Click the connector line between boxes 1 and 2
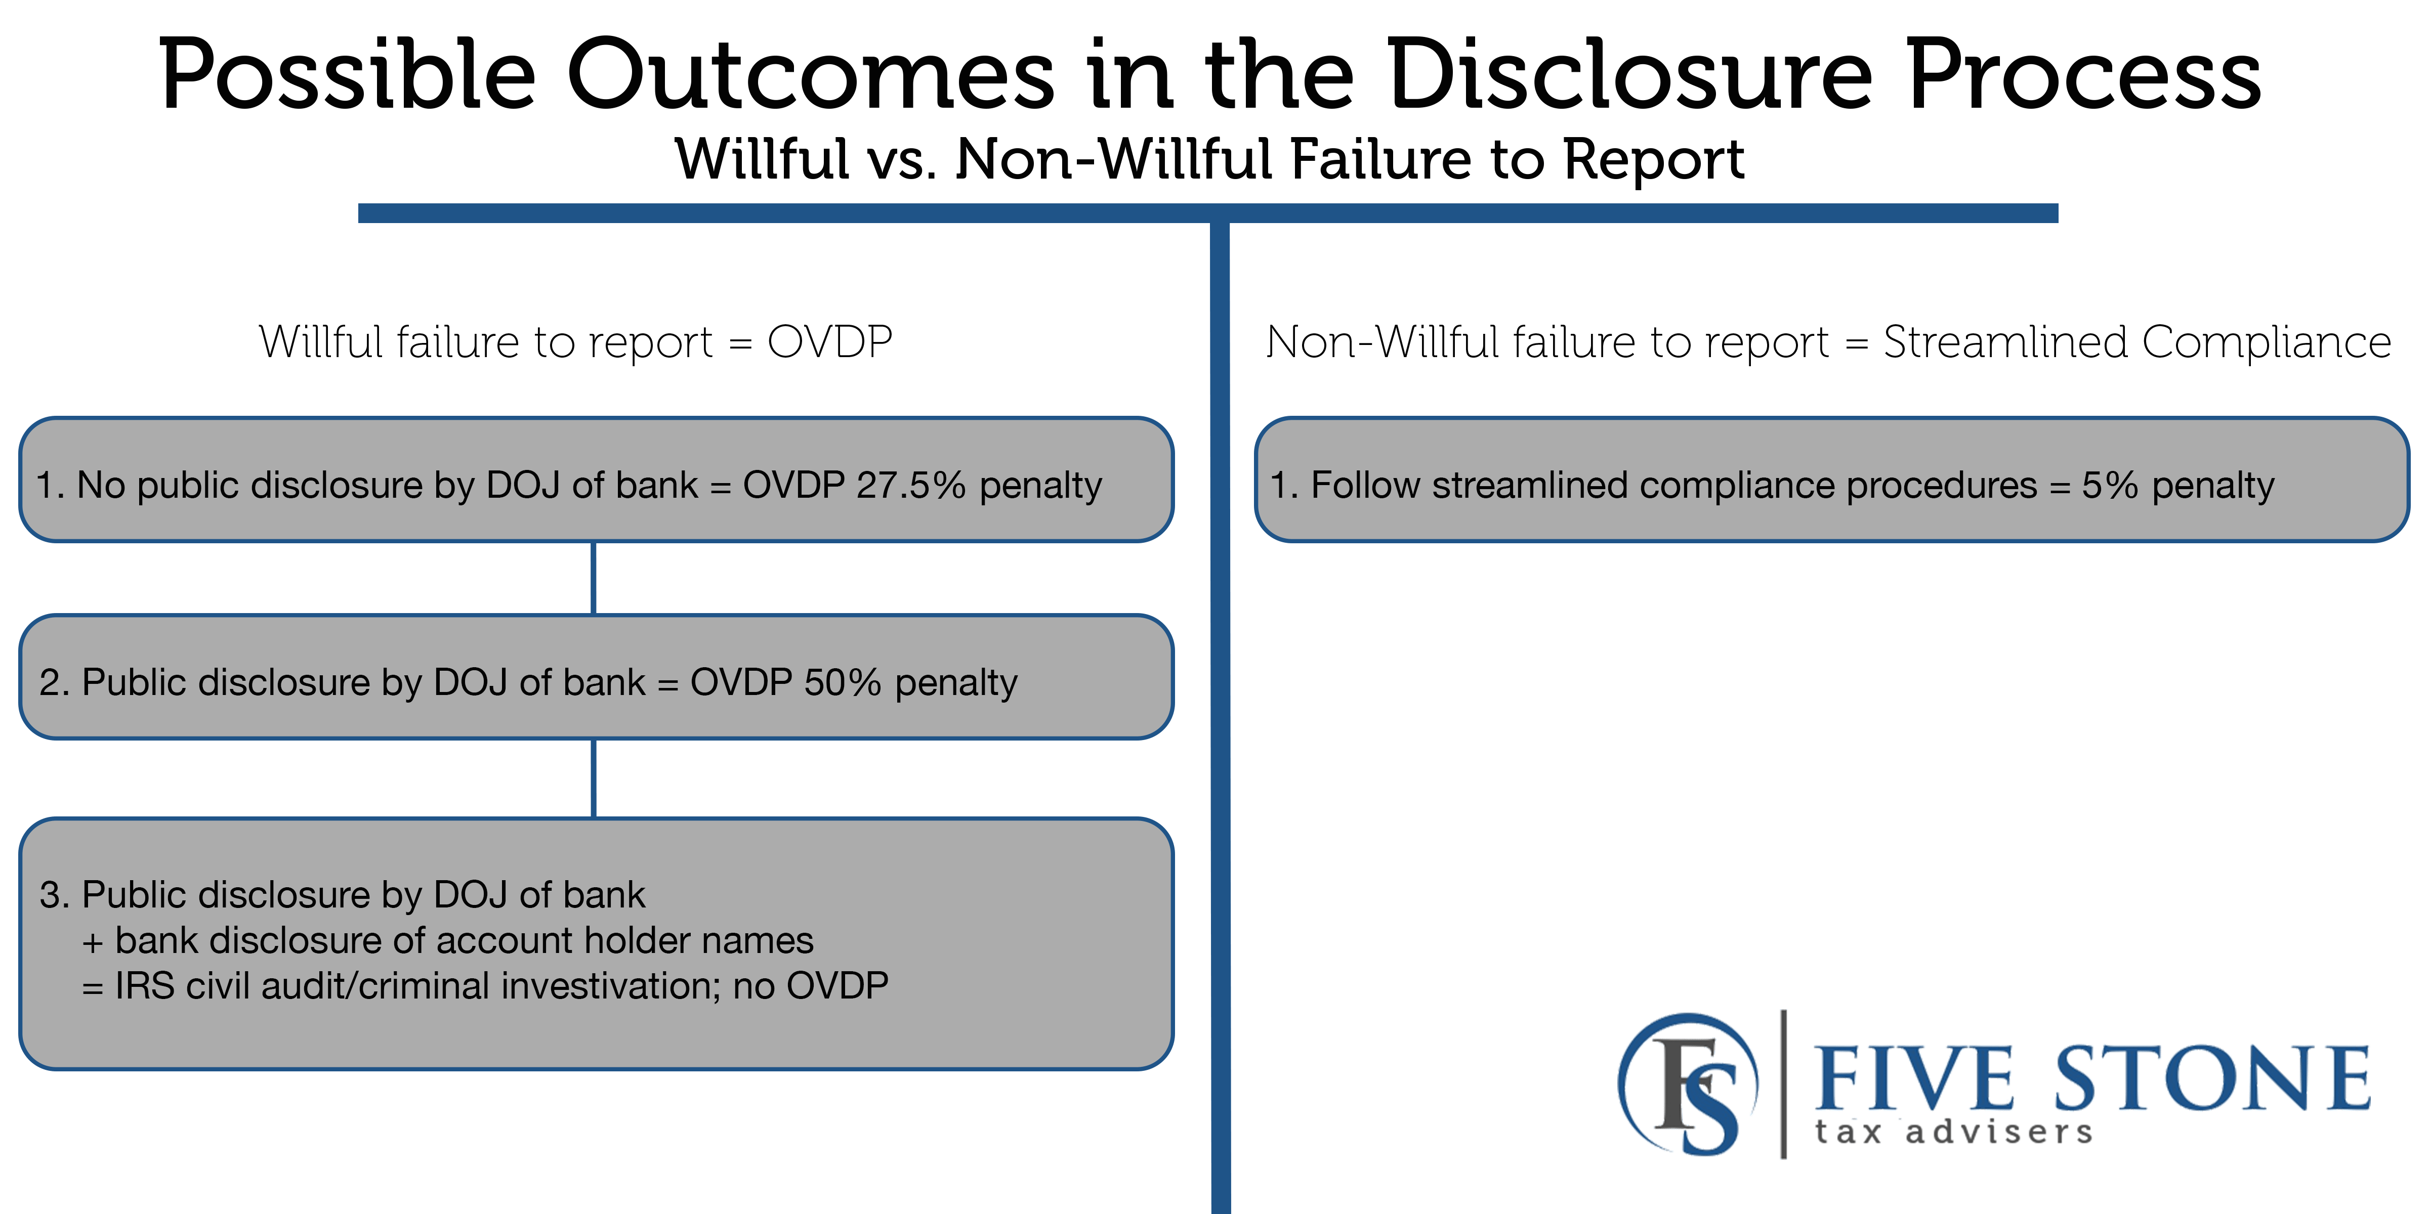point(593,578)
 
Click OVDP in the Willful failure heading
point(830,341)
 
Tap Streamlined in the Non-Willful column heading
point(2005,341)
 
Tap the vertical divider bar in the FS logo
point(1783,1084)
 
